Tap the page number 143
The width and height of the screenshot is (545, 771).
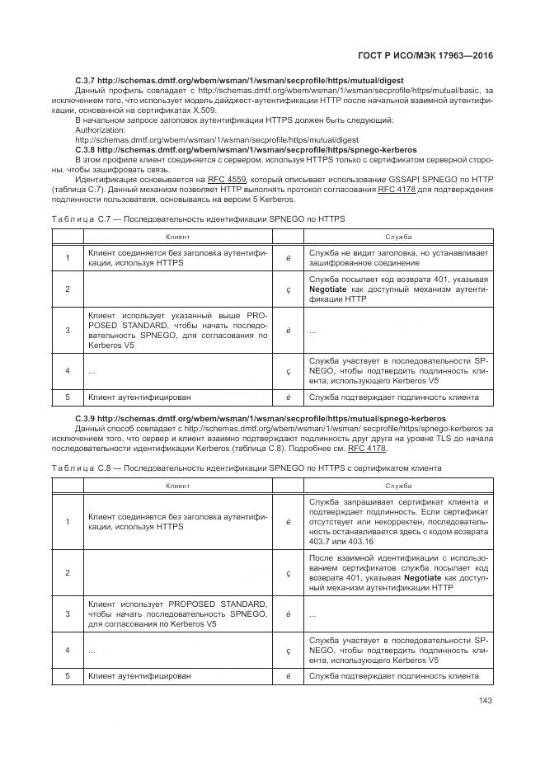click(x=485, y=702)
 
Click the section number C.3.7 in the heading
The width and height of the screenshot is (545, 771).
click(x=87, y=79)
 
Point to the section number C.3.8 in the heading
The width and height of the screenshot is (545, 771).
click(x=87, y=150)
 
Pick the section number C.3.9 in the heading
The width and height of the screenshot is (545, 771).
click(x=87, y=419)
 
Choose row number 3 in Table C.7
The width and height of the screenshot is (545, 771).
click(x=68, y=330)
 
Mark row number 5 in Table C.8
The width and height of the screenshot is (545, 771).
click(x=68, y=675)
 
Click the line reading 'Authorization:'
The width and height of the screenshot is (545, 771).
click(x=101, y=130)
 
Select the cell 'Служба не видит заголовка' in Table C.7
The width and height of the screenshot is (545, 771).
click(x=398, y=257)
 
